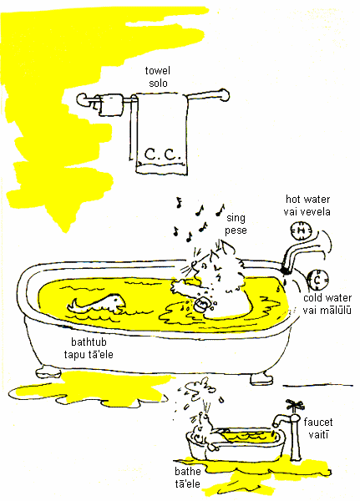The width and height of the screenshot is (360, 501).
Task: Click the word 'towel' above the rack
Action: (x=157, y=71)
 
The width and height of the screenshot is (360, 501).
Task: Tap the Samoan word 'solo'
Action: (x=158, y=83)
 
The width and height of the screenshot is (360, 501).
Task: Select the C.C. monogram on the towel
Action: (x=162, y=154)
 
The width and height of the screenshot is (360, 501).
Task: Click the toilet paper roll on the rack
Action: (x=109, y=104)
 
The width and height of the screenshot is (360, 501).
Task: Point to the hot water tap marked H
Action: (x=301, y=230)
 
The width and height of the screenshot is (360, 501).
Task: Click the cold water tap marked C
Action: (x=317, y=279)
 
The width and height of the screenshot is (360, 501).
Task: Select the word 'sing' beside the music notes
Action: (x=236, y=218)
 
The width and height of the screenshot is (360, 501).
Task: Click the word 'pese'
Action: (x=236, y=230)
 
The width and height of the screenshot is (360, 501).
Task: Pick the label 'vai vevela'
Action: (x=307, y=211)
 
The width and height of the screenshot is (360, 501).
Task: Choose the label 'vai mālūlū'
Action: (x=327, y=310)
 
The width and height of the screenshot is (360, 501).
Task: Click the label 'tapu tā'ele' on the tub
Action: (x=89, y=354)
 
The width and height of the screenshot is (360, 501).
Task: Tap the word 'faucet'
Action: (x=317, y=422)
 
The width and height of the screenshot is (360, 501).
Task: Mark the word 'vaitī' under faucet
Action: (x=318, y=434)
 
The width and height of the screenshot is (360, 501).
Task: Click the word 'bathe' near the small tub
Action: (x=188, y=471)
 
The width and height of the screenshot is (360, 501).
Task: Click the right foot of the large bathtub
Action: (x=261, y=378)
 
